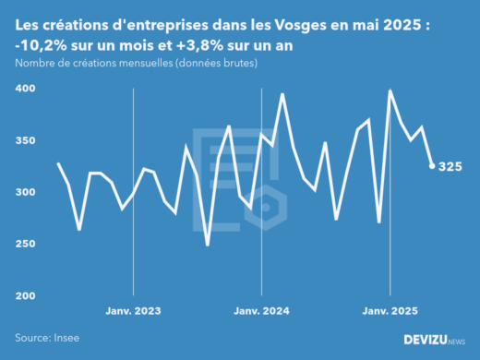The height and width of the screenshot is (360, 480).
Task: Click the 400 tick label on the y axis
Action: pos(25,89)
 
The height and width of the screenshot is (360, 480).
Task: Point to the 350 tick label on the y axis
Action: pos(25,140)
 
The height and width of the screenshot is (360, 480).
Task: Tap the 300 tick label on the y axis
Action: pos(25,192)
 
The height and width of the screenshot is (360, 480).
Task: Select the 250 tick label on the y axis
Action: pos(25,244)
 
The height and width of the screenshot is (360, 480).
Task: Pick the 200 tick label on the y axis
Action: pos(25,295)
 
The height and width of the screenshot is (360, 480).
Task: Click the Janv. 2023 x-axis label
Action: pos(134,311)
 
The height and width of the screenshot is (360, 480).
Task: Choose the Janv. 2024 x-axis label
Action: pos(262,311)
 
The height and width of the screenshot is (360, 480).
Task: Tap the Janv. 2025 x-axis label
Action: pos(390,311)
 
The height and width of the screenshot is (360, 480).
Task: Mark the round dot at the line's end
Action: pos(432,166)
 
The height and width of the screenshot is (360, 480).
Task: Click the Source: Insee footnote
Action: pos(45,339)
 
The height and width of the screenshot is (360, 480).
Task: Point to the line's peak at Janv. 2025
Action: pos(390,90)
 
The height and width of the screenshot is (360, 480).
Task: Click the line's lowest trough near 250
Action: pos(208,245)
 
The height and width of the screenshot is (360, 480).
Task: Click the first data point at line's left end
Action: pos(58,163)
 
